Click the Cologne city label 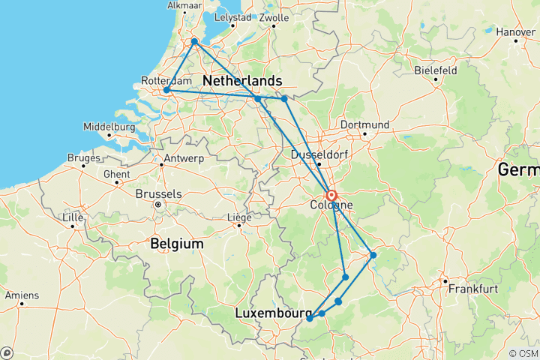click(327, 205)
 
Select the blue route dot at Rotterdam click(166, 91)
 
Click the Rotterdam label click(163, 81)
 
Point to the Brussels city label click(158, 193)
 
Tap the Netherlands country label click(242, 80)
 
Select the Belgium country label click(176, 244)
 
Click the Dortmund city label click(364, 124)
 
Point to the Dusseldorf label click(316, 154)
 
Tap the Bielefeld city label click(436, 70)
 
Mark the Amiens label click(21, 295)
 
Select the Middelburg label click(109, 127)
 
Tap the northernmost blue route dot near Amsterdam click(194, 42)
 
